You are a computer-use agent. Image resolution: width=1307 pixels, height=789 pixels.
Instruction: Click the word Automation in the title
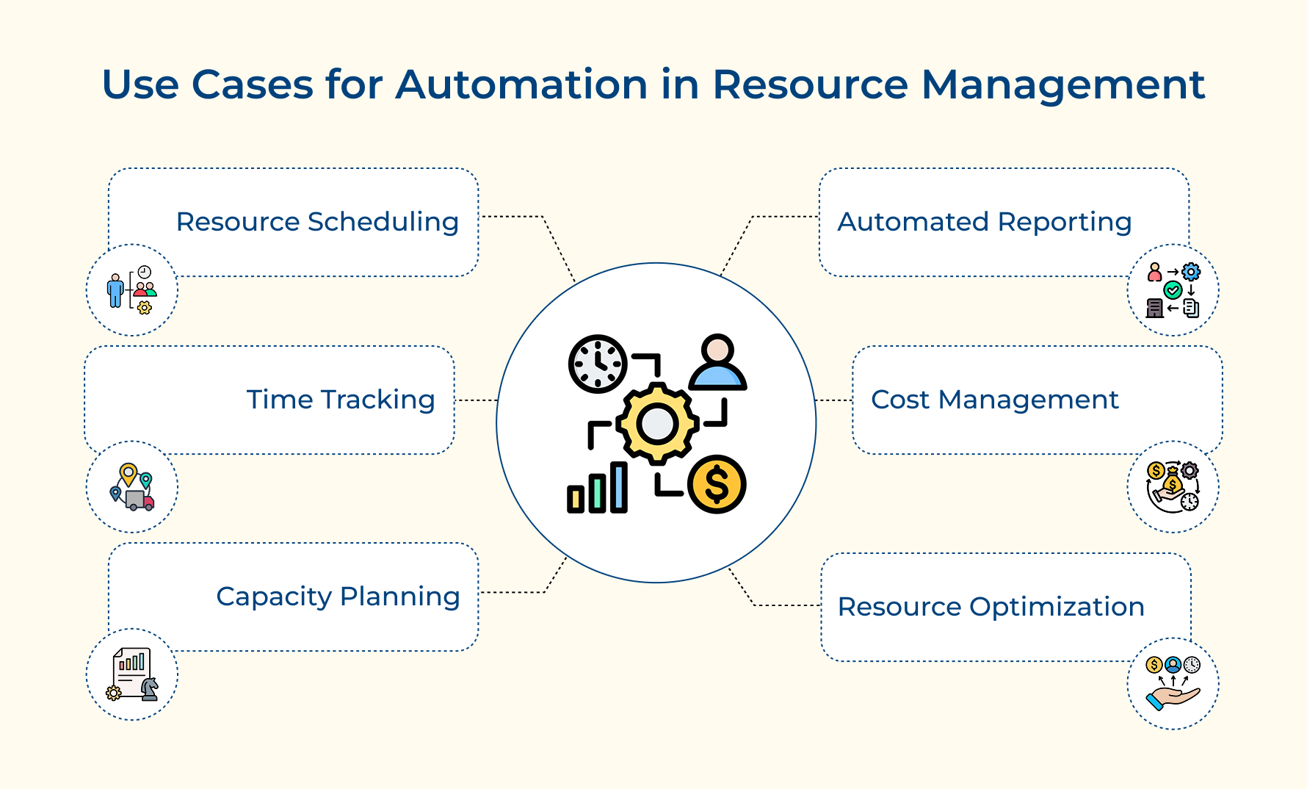[521, 84]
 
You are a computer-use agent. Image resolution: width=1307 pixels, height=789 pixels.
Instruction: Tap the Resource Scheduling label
[317, 222]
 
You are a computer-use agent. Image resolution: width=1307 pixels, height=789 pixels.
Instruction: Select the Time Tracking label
[341, 400]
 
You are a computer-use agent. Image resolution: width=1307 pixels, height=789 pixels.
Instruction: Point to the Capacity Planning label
[338, 597]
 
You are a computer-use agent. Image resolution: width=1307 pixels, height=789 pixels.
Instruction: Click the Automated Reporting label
[984, 222]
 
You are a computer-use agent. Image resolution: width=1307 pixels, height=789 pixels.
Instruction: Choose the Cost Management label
[994, 400]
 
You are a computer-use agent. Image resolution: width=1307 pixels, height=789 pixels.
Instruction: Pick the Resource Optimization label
[991, 607]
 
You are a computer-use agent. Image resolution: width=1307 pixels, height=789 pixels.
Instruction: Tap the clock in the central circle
[598, 364]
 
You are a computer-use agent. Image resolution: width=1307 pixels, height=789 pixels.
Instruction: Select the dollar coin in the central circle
[717, 484]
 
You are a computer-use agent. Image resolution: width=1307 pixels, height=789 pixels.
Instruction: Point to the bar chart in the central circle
[597, 489]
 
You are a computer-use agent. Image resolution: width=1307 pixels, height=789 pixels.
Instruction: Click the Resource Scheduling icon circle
[132, 290]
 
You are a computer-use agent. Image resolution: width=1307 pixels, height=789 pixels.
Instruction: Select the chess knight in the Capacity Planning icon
[149, 688]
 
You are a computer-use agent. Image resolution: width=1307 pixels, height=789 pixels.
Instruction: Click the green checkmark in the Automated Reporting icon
[1173, 290]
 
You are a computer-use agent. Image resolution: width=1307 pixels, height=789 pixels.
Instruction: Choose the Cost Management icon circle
[1173, 487]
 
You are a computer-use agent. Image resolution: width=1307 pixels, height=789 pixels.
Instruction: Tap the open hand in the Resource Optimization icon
[1173, 696]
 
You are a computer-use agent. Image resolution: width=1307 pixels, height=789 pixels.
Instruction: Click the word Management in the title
[1062, 84]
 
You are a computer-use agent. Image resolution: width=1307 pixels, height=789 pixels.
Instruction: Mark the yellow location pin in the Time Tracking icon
[128, 473]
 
